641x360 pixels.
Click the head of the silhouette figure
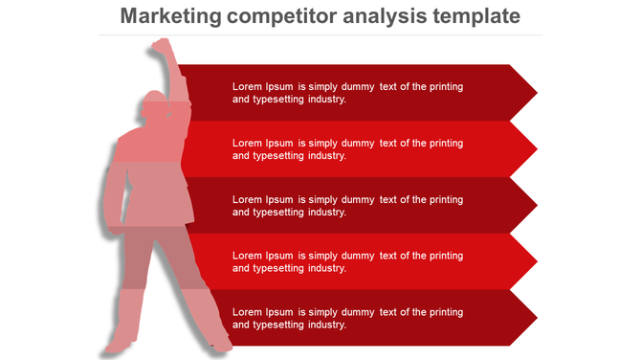[x=152, y=105]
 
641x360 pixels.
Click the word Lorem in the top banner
[x=247, y=86]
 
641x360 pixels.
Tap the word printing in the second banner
[x=445, y=143]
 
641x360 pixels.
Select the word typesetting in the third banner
[x=279, y=212]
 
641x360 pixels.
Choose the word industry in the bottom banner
[x=325, y=325]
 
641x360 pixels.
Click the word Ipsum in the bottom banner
[x=279, y=312]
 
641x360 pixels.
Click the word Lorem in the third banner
[x=247, y=199]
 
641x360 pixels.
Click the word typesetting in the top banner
[x=279, y=99]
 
